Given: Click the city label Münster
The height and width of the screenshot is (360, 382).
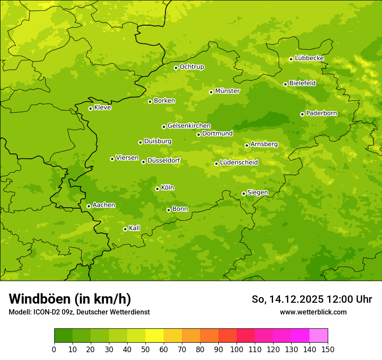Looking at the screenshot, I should pos(227,91).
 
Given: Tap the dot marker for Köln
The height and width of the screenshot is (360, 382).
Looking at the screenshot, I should pos(157,189).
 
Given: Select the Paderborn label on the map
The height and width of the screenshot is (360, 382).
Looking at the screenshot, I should pos(321,113).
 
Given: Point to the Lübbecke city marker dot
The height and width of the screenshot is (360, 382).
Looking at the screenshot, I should pos(291,59).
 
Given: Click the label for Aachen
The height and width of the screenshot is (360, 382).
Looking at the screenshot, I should pos(104,205).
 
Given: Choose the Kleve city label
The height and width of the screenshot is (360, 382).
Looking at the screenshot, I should pos(102,108).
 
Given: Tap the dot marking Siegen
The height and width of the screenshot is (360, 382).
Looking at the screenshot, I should pos(244,193).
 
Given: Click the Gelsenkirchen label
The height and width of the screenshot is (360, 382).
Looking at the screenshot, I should pos(189,126).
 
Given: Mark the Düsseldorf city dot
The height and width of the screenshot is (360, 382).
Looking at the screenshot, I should pos(143,162).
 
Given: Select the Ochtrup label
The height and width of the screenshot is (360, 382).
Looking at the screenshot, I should pos(191,67).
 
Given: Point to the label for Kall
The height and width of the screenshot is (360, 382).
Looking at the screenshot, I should pos(135,228).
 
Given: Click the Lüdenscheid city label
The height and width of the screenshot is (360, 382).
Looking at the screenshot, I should pos(239,163).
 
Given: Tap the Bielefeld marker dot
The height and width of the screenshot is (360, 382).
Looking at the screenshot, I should pos(285,84).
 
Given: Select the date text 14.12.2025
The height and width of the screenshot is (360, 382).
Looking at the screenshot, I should pos(296,299).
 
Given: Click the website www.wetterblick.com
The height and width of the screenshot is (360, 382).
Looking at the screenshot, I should pos(313,312).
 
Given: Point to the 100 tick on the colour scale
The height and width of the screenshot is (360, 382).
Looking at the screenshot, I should pos(237,349).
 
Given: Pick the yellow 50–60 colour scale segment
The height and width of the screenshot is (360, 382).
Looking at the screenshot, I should pos(155,336).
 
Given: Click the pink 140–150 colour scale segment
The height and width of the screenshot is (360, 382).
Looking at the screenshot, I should pos(319,336).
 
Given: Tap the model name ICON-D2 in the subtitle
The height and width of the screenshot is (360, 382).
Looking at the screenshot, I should pos(46,312).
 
